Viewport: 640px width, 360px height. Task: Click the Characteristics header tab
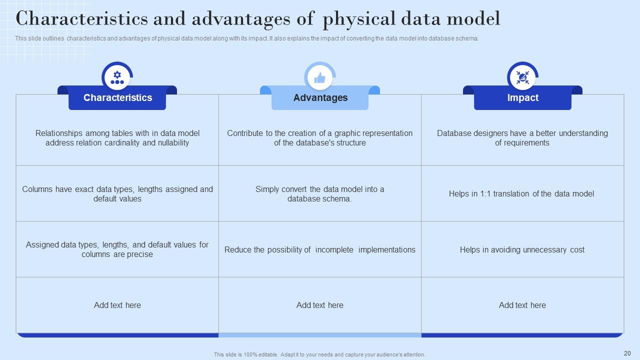point(117,98)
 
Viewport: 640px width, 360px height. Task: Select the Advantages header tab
point(320,98)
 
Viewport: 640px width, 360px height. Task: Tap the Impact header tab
point(522,98)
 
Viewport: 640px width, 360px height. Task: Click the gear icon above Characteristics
point(117,77)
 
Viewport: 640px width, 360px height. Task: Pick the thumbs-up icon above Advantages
point(320,77)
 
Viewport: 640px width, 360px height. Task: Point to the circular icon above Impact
point(522,77)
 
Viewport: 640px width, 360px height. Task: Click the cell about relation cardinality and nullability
point(117,138)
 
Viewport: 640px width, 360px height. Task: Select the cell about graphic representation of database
point(320,138)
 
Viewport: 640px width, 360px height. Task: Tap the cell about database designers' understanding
point(522,138)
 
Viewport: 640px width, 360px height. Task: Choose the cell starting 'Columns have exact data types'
point(117,194)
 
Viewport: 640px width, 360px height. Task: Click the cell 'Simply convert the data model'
point(320,194)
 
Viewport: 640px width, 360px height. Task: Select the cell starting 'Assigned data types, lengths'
point(117,249)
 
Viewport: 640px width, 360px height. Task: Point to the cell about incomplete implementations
point(320,249)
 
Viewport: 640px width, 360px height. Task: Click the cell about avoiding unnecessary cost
point(522,249)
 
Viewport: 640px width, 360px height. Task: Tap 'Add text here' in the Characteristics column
point(117,305)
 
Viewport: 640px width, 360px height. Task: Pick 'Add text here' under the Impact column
point(522,305)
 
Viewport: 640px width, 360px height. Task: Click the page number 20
point(627,353)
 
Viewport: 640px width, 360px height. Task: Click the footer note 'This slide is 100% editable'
point(319,354)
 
